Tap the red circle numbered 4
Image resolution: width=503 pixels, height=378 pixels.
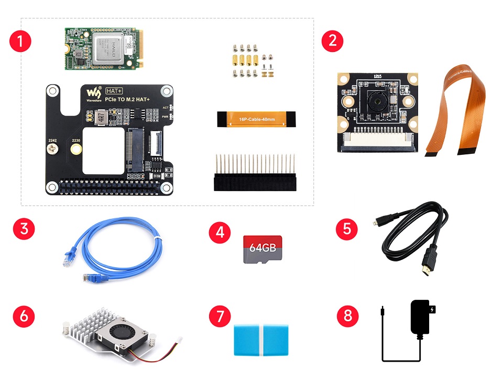pyautogui.click(x=220, y=232)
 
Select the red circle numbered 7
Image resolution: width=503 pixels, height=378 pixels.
pyautogui.click(x=220, y=317)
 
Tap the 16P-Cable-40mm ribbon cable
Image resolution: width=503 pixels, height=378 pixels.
pyautogui.click(x=255, y=119)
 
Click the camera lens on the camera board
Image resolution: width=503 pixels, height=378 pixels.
pyautogui.click(x=376, y=98)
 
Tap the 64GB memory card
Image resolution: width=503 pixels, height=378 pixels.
pyautogui.click(x=263, y=248)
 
